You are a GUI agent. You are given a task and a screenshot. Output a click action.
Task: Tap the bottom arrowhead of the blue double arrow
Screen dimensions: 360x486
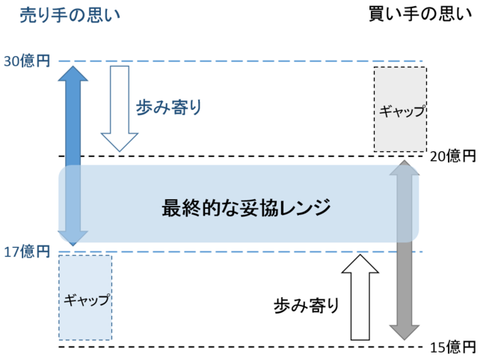(x=72, y=238)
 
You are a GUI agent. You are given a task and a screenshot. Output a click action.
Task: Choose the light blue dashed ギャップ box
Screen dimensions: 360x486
(x=85, y=298)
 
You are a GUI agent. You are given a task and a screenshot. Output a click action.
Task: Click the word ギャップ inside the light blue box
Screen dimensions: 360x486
(x=86, y=299)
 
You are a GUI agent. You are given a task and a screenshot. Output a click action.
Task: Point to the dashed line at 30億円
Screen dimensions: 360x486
(x=239, y=61)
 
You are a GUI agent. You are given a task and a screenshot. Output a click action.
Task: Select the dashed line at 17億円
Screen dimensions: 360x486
(x=239, y=251)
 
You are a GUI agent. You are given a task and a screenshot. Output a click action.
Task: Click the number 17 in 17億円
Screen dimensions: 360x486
(x=10, y=252)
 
